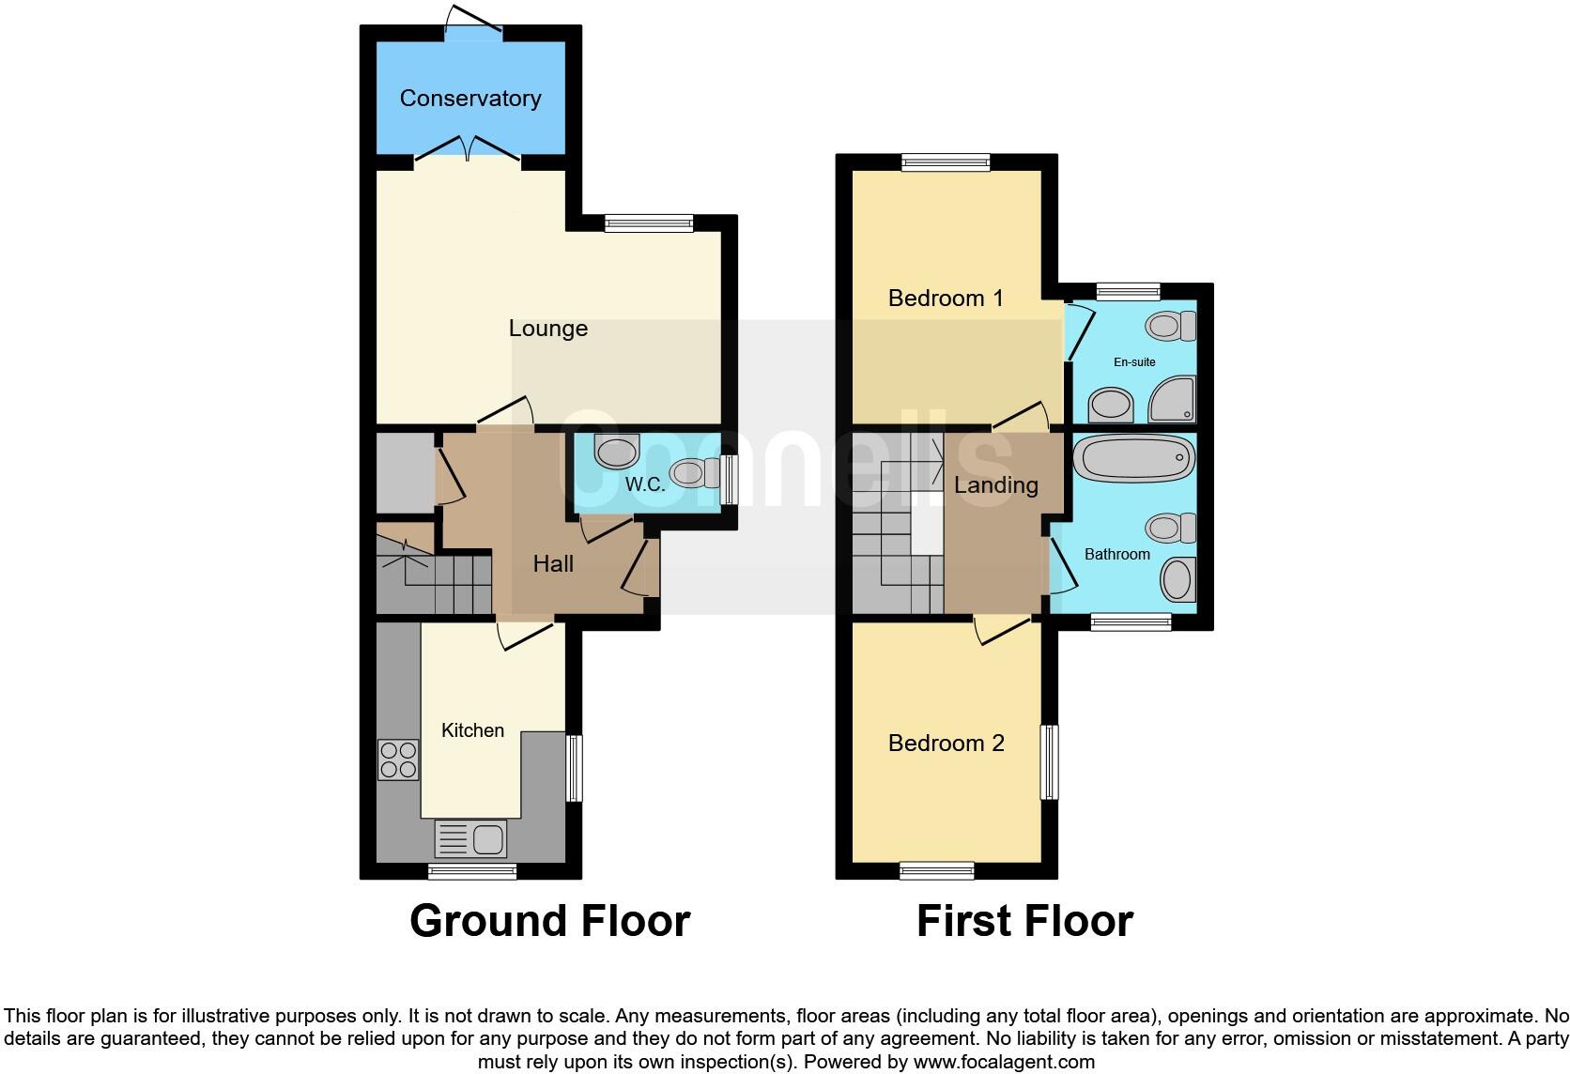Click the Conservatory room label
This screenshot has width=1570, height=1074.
tap(470, 99)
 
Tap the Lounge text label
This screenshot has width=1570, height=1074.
tap(548, 329)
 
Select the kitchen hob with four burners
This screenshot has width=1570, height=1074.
tap(398, 760)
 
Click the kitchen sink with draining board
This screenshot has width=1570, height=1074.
tap(471, 837)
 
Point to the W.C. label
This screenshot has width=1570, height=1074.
tap(645, 485)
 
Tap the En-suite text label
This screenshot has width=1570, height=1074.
tap(1134, 362)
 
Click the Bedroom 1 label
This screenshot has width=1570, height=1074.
tap(946, 299)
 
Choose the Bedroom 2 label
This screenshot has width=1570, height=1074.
tap(946, 744)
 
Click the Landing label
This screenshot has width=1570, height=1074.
tap(995, 485)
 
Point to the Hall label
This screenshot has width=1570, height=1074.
tap(553, 564)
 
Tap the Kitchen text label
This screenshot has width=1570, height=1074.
tap(473, 730)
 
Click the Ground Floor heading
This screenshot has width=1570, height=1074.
tap(549, 921)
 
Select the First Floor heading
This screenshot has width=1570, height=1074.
tap(1024, 921)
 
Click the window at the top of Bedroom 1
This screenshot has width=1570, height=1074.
tap(946, 162)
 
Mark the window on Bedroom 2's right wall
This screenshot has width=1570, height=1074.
tap(1049, 761)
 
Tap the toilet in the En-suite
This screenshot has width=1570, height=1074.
tap(1170, 327)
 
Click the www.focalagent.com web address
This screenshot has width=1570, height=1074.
tap(1004, 1063)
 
